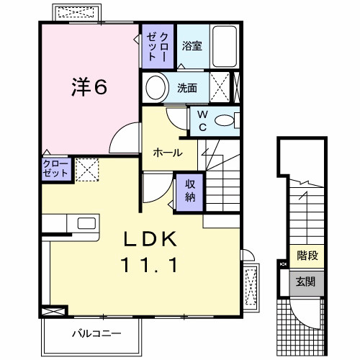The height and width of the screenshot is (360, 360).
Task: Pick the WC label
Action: click(202, 122)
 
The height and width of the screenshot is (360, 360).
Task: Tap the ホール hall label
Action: click(167, 152)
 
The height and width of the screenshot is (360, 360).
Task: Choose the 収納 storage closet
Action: click(189, 189)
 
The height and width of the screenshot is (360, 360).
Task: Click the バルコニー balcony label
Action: click(96, 333)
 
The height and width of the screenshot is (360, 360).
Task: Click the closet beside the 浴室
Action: click(157, 48)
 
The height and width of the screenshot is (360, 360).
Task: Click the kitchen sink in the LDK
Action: click(81, 222)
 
